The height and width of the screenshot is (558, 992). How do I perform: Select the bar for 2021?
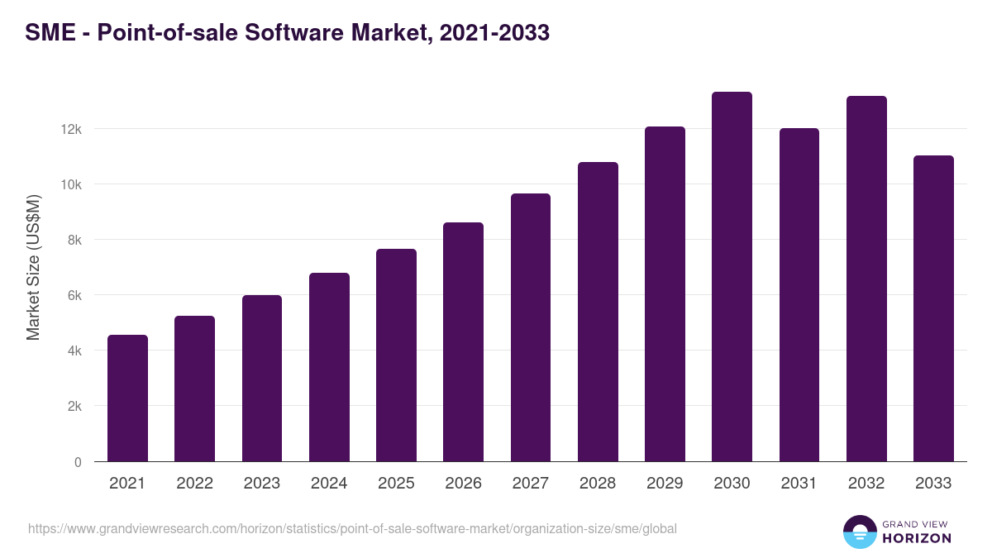[x=127, y=398]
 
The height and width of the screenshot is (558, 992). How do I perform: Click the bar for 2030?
[x=732, y=277]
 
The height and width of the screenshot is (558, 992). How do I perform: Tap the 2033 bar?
[x=933, y=308]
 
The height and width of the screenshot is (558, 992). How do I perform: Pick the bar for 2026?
[x=463, y=342]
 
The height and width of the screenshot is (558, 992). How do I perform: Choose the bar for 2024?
[x=329, y=367]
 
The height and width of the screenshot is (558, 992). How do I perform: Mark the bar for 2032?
[x=866, y=279]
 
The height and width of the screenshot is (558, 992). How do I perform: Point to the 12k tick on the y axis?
[x=71, y=129]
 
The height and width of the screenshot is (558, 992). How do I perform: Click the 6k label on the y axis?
[x=74, y=295]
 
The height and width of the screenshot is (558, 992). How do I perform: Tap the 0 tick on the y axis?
[x=78, y=462]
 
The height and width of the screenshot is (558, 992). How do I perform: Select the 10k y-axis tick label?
[x=71, y=184]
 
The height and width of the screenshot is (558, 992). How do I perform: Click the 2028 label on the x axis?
[x=598, y=484]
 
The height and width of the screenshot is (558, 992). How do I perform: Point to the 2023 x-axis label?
[x=262, y=484]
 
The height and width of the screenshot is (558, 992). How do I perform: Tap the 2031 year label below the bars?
[x=799, y=484]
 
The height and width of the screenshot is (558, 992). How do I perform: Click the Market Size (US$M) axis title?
[x=33, y=267]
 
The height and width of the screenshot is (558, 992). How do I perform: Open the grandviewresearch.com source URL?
[x=352, y=528]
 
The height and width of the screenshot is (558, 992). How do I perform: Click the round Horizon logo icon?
[x=859, y=532]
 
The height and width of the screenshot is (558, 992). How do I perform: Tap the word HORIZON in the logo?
[x=918, y=538]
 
